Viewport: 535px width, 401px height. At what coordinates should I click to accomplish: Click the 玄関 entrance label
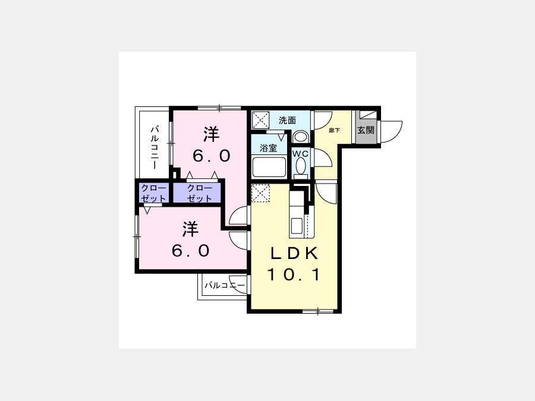[366, 130]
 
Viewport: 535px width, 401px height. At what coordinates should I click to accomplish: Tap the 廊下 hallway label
[334, 130]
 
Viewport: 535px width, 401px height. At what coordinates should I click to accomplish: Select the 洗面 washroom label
[287, 121]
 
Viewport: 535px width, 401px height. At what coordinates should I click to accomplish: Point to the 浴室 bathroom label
[269, 148]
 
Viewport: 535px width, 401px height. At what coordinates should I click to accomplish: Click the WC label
[300, 154]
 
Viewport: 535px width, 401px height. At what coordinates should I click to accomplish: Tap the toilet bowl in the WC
[301, 167]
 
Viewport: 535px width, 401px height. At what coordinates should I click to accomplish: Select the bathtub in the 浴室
[269, 167]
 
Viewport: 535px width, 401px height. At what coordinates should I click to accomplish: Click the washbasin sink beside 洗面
[301, 137]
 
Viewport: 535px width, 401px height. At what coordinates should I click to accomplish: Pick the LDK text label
[294, 253]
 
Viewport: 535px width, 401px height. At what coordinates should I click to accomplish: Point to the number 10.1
[294, 274]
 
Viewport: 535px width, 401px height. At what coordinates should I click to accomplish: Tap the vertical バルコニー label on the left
[155, 147]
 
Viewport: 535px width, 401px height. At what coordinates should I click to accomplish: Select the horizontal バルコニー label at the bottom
[225, 285]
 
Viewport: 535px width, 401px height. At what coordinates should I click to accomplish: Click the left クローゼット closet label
[153, 193]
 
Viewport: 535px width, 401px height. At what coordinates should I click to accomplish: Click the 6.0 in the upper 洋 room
[212, 156]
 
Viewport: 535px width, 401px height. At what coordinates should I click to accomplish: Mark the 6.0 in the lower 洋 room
[191, 251]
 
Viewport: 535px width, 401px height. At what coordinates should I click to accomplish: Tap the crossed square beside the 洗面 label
[261, 120]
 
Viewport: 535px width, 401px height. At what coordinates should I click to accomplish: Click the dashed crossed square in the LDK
[261, 193]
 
